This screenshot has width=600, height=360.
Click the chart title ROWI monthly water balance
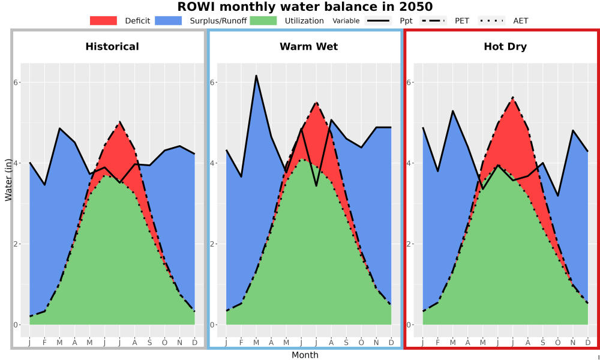point(305,7)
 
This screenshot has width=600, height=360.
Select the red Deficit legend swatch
point(103,20)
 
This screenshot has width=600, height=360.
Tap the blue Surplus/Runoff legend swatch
point(169,20)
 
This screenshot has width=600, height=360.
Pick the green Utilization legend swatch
point(263,20)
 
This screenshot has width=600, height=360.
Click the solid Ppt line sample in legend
point(378,20)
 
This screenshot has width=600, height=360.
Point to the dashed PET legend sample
point(433,20)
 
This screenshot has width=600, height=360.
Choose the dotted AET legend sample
point(492,20)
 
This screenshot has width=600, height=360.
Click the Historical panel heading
point(112,47)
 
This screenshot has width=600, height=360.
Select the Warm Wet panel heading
point(309,47)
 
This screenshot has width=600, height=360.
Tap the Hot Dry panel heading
point(505,47)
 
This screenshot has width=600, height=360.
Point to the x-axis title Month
point(305,355)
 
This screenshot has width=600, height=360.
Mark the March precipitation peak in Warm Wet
point(256,76)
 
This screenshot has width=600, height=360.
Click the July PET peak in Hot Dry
point(513,98)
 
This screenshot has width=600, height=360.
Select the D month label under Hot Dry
point(588,343)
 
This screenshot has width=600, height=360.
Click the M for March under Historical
point(59,343)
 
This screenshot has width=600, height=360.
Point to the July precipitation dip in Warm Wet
point(316,186)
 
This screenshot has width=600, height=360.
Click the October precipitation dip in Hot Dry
point(558,196)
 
